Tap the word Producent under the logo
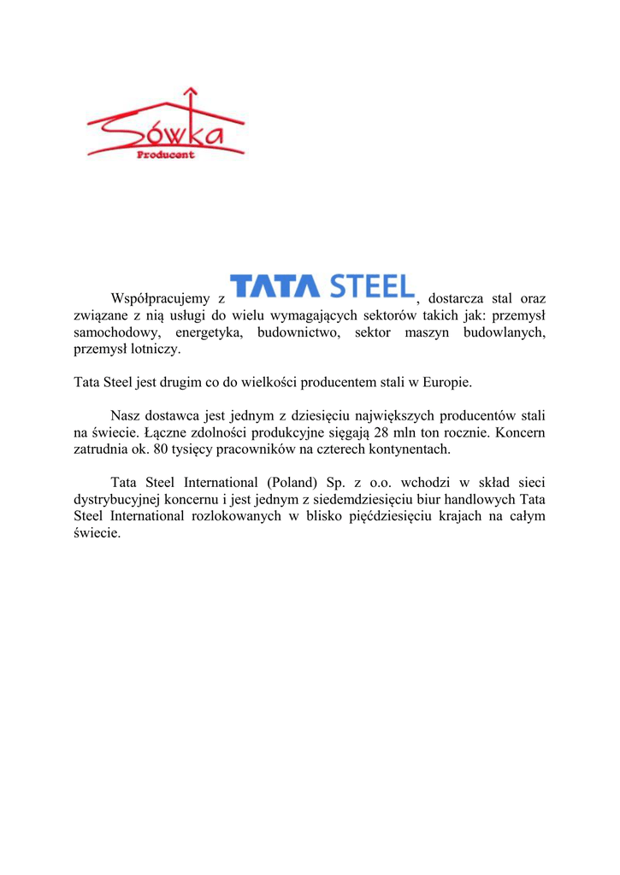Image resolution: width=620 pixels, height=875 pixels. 166,155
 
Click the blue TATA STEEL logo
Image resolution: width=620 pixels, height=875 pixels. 322,288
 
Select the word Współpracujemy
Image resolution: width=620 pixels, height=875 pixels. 161,299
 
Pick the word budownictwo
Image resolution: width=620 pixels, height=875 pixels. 298,332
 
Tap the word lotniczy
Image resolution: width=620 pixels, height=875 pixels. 153,349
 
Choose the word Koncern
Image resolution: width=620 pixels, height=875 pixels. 518,432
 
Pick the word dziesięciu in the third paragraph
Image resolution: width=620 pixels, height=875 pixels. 324,415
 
